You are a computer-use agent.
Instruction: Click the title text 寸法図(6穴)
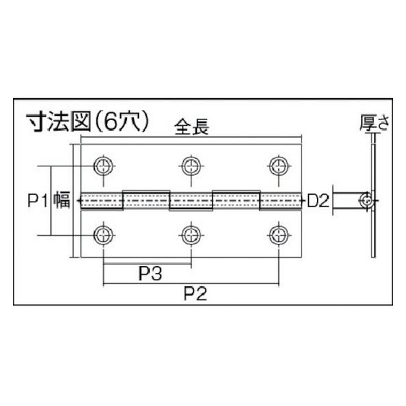pyautogui.click(x=88, y=122)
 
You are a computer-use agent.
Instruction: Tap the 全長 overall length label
pyautogui.click(x=191, y=127)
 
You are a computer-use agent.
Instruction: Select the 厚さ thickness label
pyautogui.click(x=375, y=123)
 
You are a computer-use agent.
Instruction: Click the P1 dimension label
pyautogui.click(x=38, y=201)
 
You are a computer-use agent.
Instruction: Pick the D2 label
pyautogui.click(x=318, y=201)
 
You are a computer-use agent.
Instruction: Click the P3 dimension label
pyautogui.click(x=151, y=274)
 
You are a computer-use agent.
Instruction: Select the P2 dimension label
pyautogui.click(x=196, y=294)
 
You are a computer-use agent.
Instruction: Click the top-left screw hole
pyautogui.click(x=104, y=166)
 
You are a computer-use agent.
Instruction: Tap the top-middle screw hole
pyautogui.click(x=191, y=166)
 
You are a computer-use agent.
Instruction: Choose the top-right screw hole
pyautogui.click(x=279, y=166)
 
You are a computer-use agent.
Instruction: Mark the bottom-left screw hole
pyautogui.click(x=104, y=236)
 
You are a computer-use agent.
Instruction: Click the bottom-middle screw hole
pyautogui.click(x=191, y=236)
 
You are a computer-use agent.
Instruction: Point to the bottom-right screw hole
pyautogui.click(x=279, y=236)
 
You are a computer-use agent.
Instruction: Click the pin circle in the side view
pyautogui.click(x=367, y=201)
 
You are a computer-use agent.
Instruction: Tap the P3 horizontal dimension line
pyautogui.click(x=147, y=264)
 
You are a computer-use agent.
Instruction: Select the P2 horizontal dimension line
pyautogui.click(x=191, y=284)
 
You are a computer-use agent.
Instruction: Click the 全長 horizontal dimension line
pyautogui.click(x=191, y=136)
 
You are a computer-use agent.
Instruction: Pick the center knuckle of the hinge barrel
pyautogui.click(x=191, y=201)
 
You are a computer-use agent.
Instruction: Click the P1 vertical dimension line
pyautogui.click(x=51, y=201)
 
